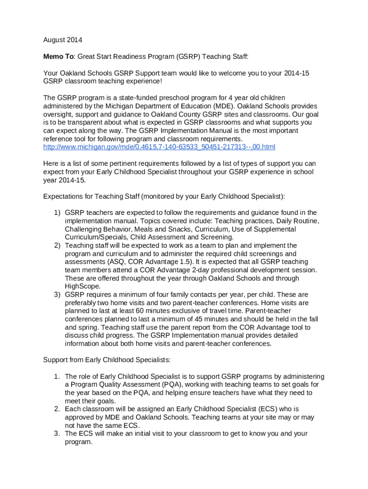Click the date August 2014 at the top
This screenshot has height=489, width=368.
click(x=63, y=40)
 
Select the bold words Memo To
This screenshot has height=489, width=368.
click(x=58, y=57)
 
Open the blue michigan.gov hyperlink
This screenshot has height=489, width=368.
click(x=159, y=147)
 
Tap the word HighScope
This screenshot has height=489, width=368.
click(x=83, y=287)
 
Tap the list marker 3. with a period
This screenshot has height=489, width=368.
click(x=56, y=434)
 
